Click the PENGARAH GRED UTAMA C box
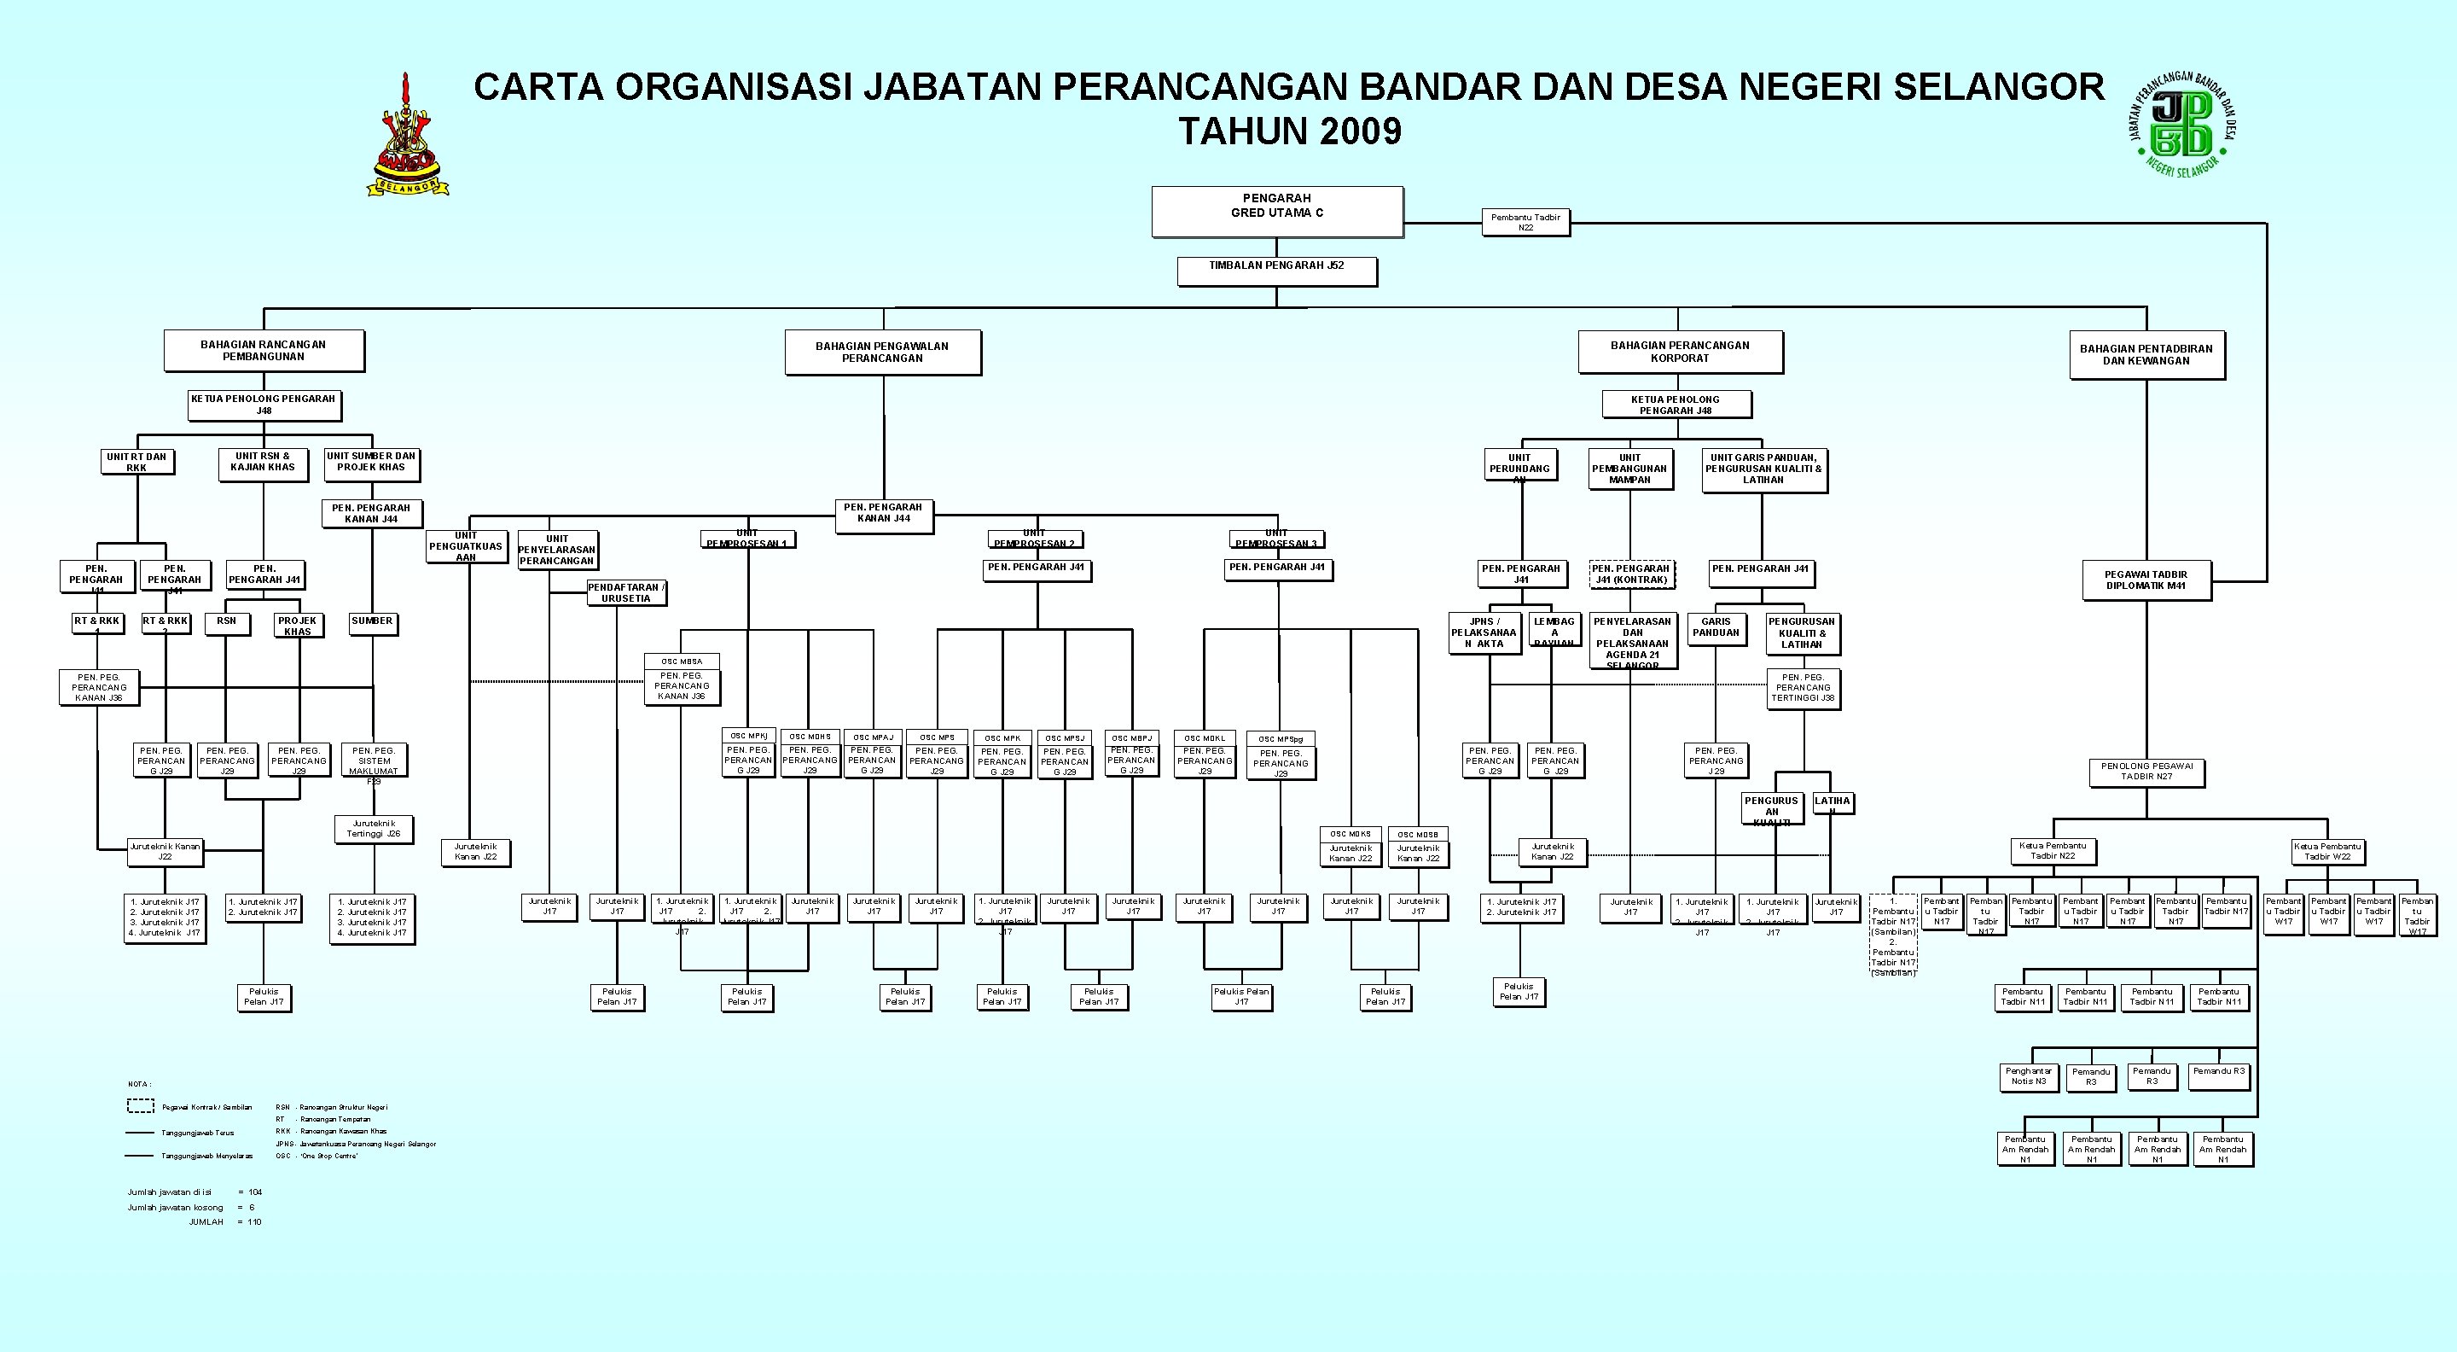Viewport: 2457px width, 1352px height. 1276,211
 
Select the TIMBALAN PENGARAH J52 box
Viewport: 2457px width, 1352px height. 1276,270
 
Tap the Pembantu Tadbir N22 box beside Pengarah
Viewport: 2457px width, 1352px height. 1525,222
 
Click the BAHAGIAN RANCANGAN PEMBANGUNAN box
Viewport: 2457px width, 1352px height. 264,350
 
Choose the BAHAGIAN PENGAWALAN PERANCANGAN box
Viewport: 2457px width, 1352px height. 882,352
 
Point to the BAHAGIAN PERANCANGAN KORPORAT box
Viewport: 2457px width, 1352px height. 1680,351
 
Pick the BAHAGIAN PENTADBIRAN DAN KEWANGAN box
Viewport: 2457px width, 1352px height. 2146,355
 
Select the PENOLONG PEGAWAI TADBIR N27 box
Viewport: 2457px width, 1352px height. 2146,771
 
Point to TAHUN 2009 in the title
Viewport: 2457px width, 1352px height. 1290,131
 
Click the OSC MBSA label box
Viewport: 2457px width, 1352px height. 681,661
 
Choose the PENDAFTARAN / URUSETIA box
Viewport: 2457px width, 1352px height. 625,592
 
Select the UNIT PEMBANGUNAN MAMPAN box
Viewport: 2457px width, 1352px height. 1630,469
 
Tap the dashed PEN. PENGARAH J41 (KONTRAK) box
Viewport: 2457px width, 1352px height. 1631,574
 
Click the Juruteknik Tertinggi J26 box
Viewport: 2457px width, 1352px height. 374,828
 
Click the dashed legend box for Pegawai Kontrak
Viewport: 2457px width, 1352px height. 141,1106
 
